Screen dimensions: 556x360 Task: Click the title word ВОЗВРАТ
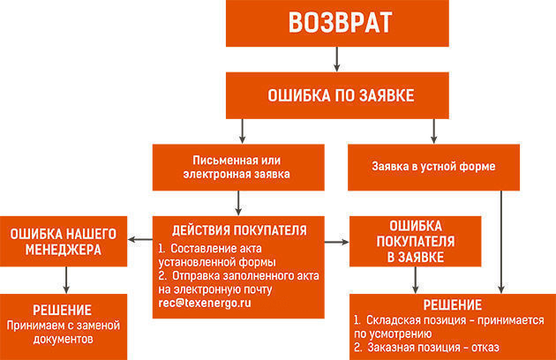click(x=340, y=23)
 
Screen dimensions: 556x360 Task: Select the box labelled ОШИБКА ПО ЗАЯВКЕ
click(x=337, y=95)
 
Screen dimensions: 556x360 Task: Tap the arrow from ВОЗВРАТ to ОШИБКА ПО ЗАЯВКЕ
click(x=337, y=59)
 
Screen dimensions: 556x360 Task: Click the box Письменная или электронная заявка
click(x=238, y=168)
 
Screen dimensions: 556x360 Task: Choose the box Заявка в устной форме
click(x=433, y=168)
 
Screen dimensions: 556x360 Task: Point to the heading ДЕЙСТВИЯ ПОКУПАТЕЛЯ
click(x=239, y=230)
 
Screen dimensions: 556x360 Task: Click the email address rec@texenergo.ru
click(x=205, y=304)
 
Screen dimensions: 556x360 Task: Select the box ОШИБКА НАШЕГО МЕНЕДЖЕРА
click(x=64, y=241)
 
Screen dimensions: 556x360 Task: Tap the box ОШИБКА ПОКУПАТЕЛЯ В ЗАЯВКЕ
click(x=415, y=241)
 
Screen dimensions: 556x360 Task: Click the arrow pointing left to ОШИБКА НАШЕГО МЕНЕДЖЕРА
click(x=140, y=240)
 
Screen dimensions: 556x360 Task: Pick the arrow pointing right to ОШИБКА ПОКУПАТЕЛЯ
click(x=337, y=243)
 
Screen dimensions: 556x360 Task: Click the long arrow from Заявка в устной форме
click(x=501, y=243)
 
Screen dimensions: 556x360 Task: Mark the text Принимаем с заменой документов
click(x=64, y=332)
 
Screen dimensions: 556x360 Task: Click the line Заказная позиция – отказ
click(x=426, y=348)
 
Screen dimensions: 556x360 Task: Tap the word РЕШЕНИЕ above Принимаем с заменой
click(x=63, y=311)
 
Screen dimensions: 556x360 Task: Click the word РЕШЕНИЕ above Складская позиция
click(x=453, y=305)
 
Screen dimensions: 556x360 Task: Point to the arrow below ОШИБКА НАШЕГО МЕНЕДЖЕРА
click(x=66, y=281)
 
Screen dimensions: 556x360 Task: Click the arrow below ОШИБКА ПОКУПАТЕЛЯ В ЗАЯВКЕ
click(x=415, y=281)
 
